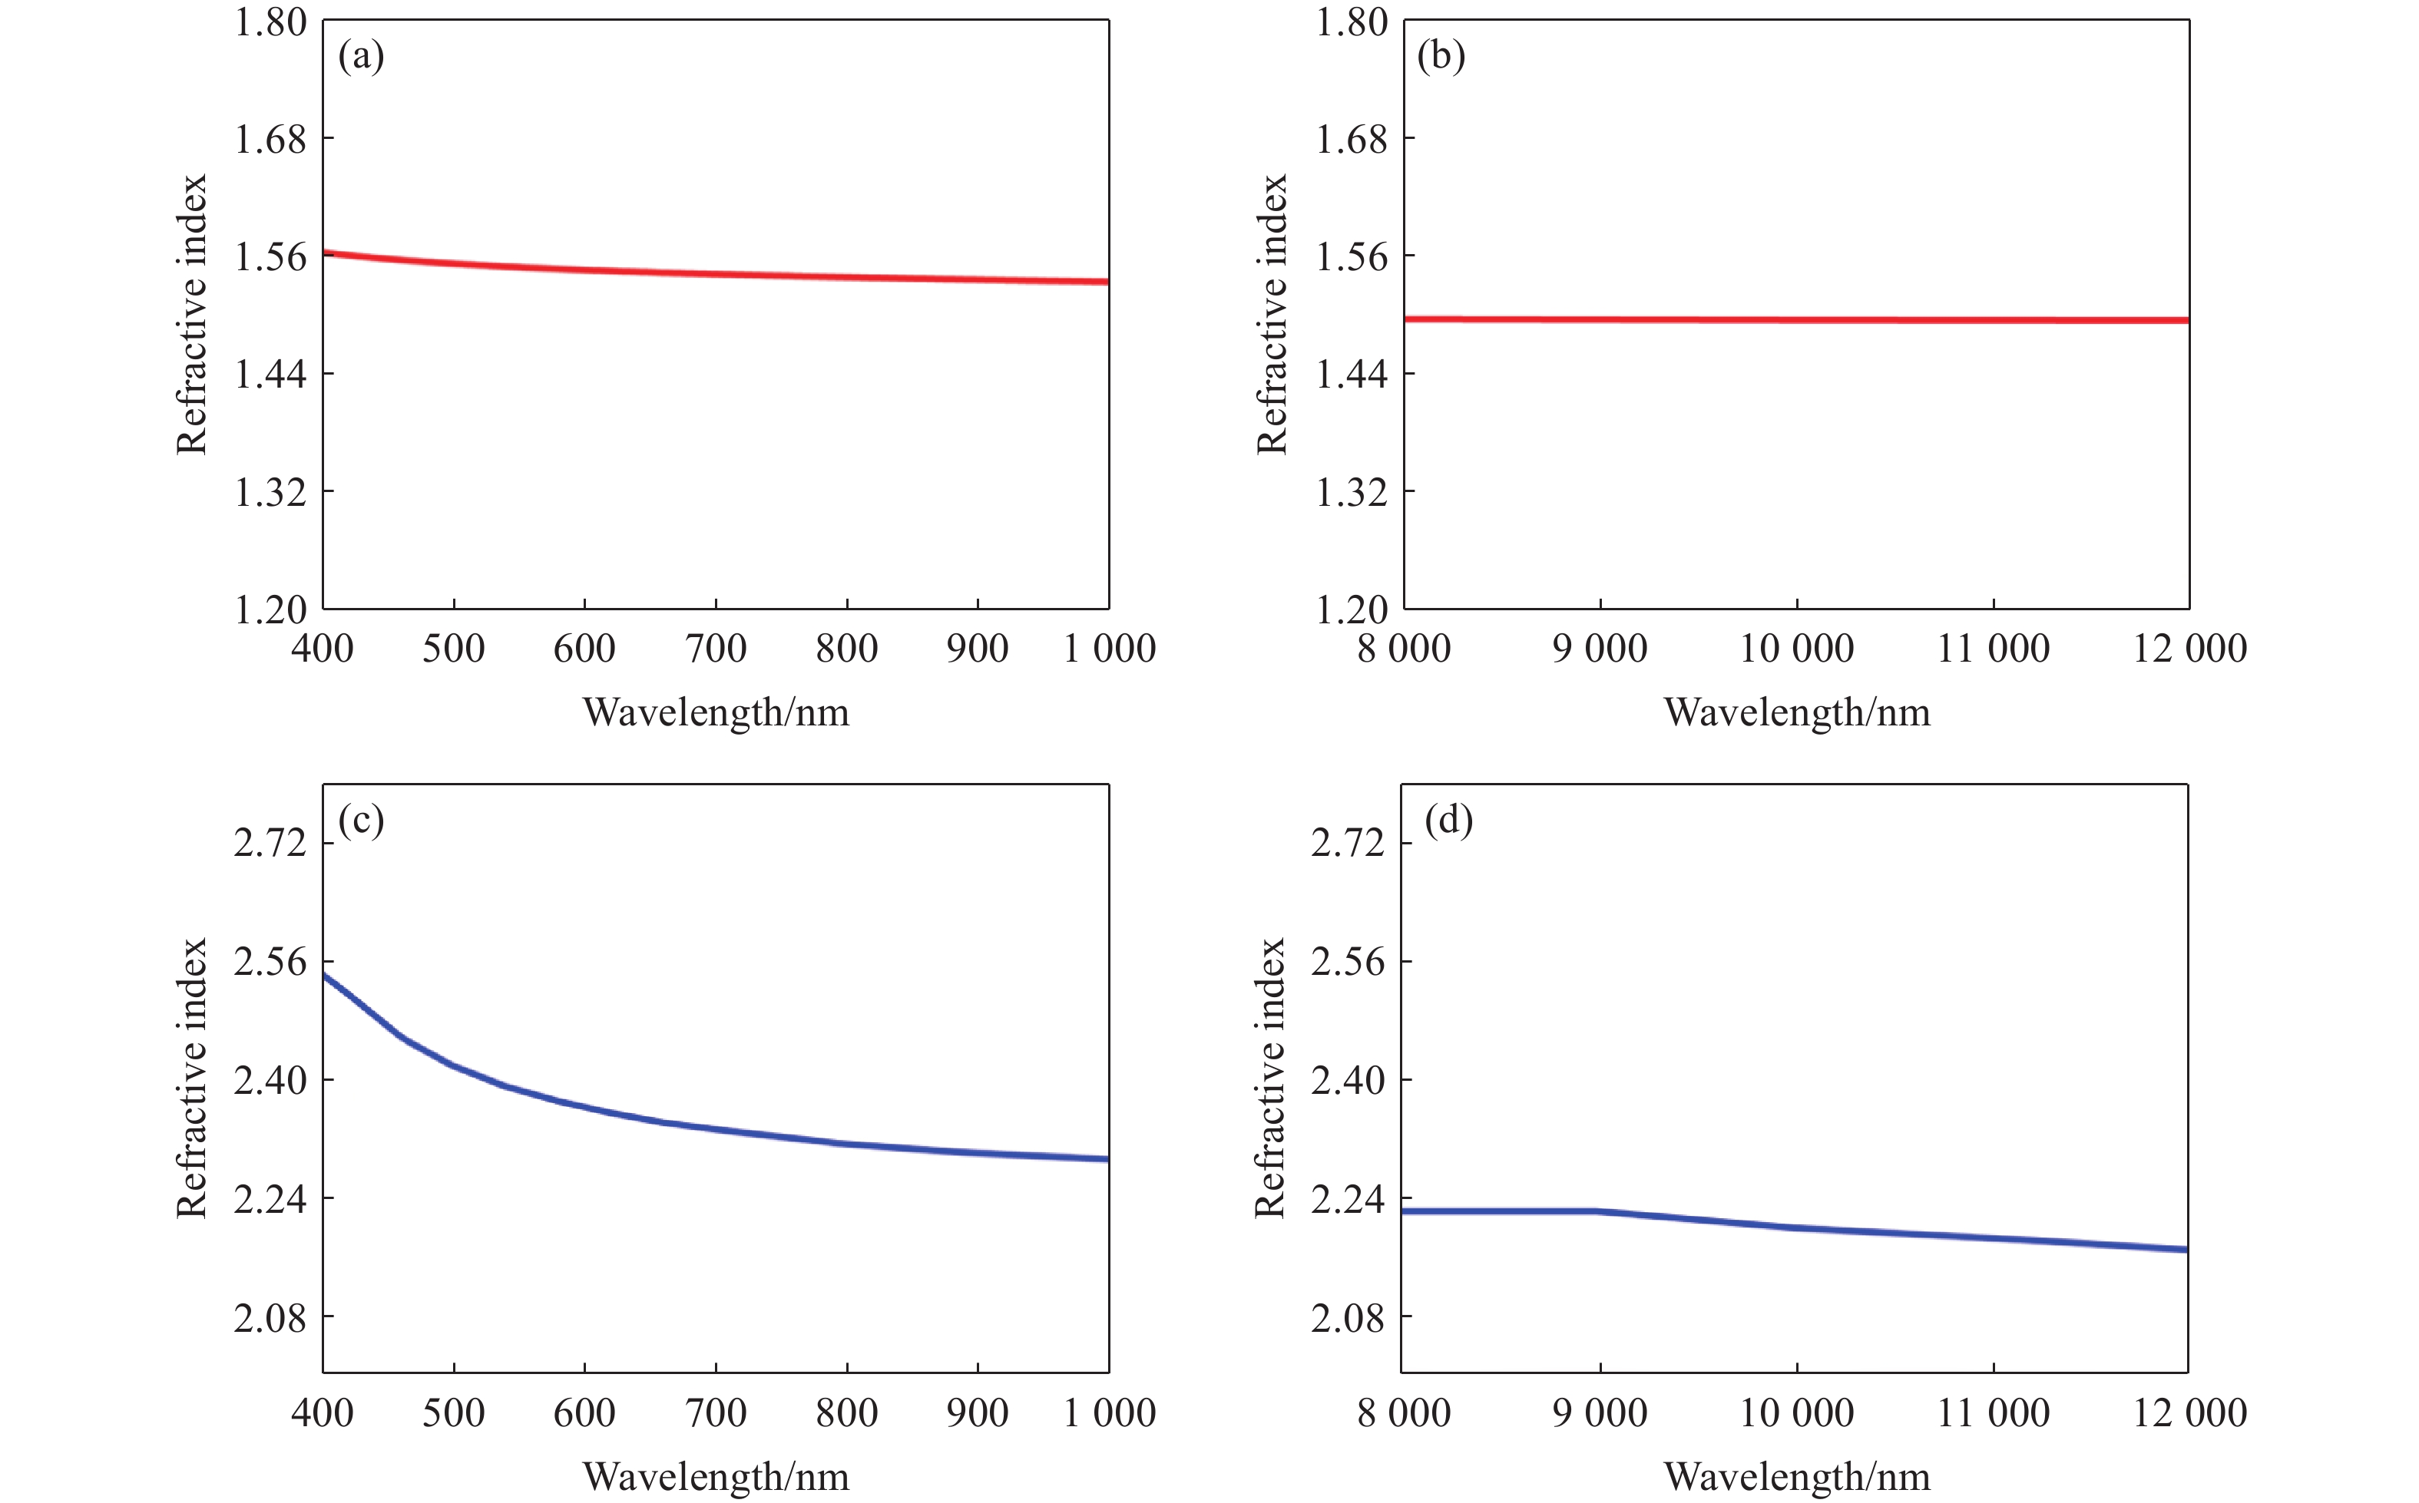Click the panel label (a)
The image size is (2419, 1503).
(361, 57)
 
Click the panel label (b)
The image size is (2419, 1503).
(1441, 57)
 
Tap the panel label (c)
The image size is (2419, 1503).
(361, 821)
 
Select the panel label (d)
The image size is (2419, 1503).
(1448, 821)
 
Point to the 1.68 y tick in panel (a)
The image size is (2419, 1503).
(270, 139)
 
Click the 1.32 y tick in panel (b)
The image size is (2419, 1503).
(1351, 492)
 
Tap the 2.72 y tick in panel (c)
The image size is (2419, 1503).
(270, 843)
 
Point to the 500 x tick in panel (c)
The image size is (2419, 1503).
(453, 1413)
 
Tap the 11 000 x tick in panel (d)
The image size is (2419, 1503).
(1993, 1413)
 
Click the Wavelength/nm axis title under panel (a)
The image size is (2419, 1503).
(716, 712)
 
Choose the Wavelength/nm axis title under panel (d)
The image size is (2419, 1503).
(1797, 1477)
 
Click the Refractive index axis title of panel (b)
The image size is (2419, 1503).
(1272, 314)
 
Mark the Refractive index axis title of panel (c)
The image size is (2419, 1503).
(191, 1079)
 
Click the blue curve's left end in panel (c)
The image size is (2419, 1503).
(324, 975)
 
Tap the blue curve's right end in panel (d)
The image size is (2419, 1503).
(2187, 1250)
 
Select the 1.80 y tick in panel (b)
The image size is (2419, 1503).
(1351, 21)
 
